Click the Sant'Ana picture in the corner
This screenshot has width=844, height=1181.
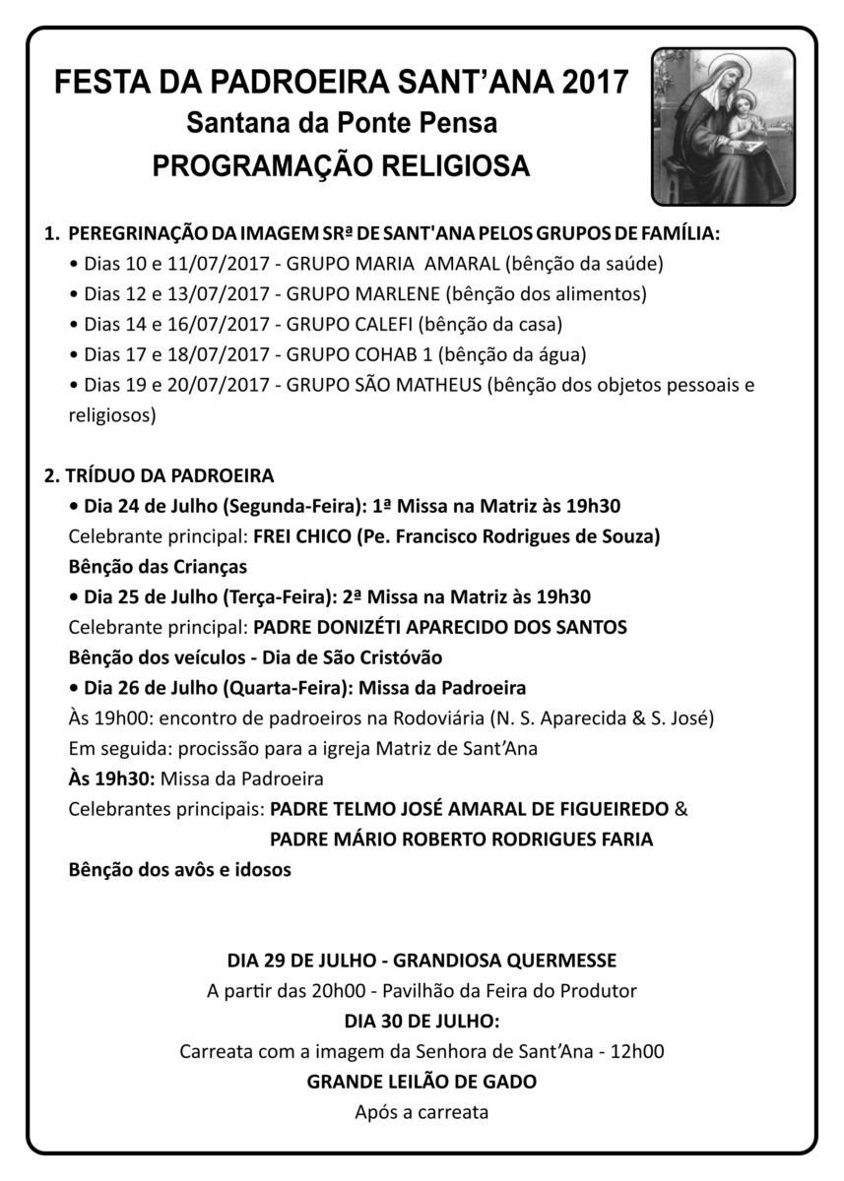(722, 125)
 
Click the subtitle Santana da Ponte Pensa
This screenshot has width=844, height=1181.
(342, 124)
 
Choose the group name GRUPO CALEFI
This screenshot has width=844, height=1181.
(351, 324)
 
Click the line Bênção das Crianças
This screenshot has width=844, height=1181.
(158, 567)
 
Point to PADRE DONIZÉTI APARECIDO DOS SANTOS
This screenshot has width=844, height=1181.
(440, 627)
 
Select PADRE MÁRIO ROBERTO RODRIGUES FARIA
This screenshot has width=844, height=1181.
(461, 839)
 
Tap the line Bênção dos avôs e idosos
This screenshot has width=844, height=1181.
(180, 870)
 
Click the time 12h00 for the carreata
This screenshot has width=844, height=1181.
(636, 1051)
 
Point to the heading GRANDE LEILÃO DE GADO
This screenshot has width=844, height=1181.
(422, 1082)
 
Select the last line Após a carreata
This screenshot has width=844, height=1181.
(422, 1113)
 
